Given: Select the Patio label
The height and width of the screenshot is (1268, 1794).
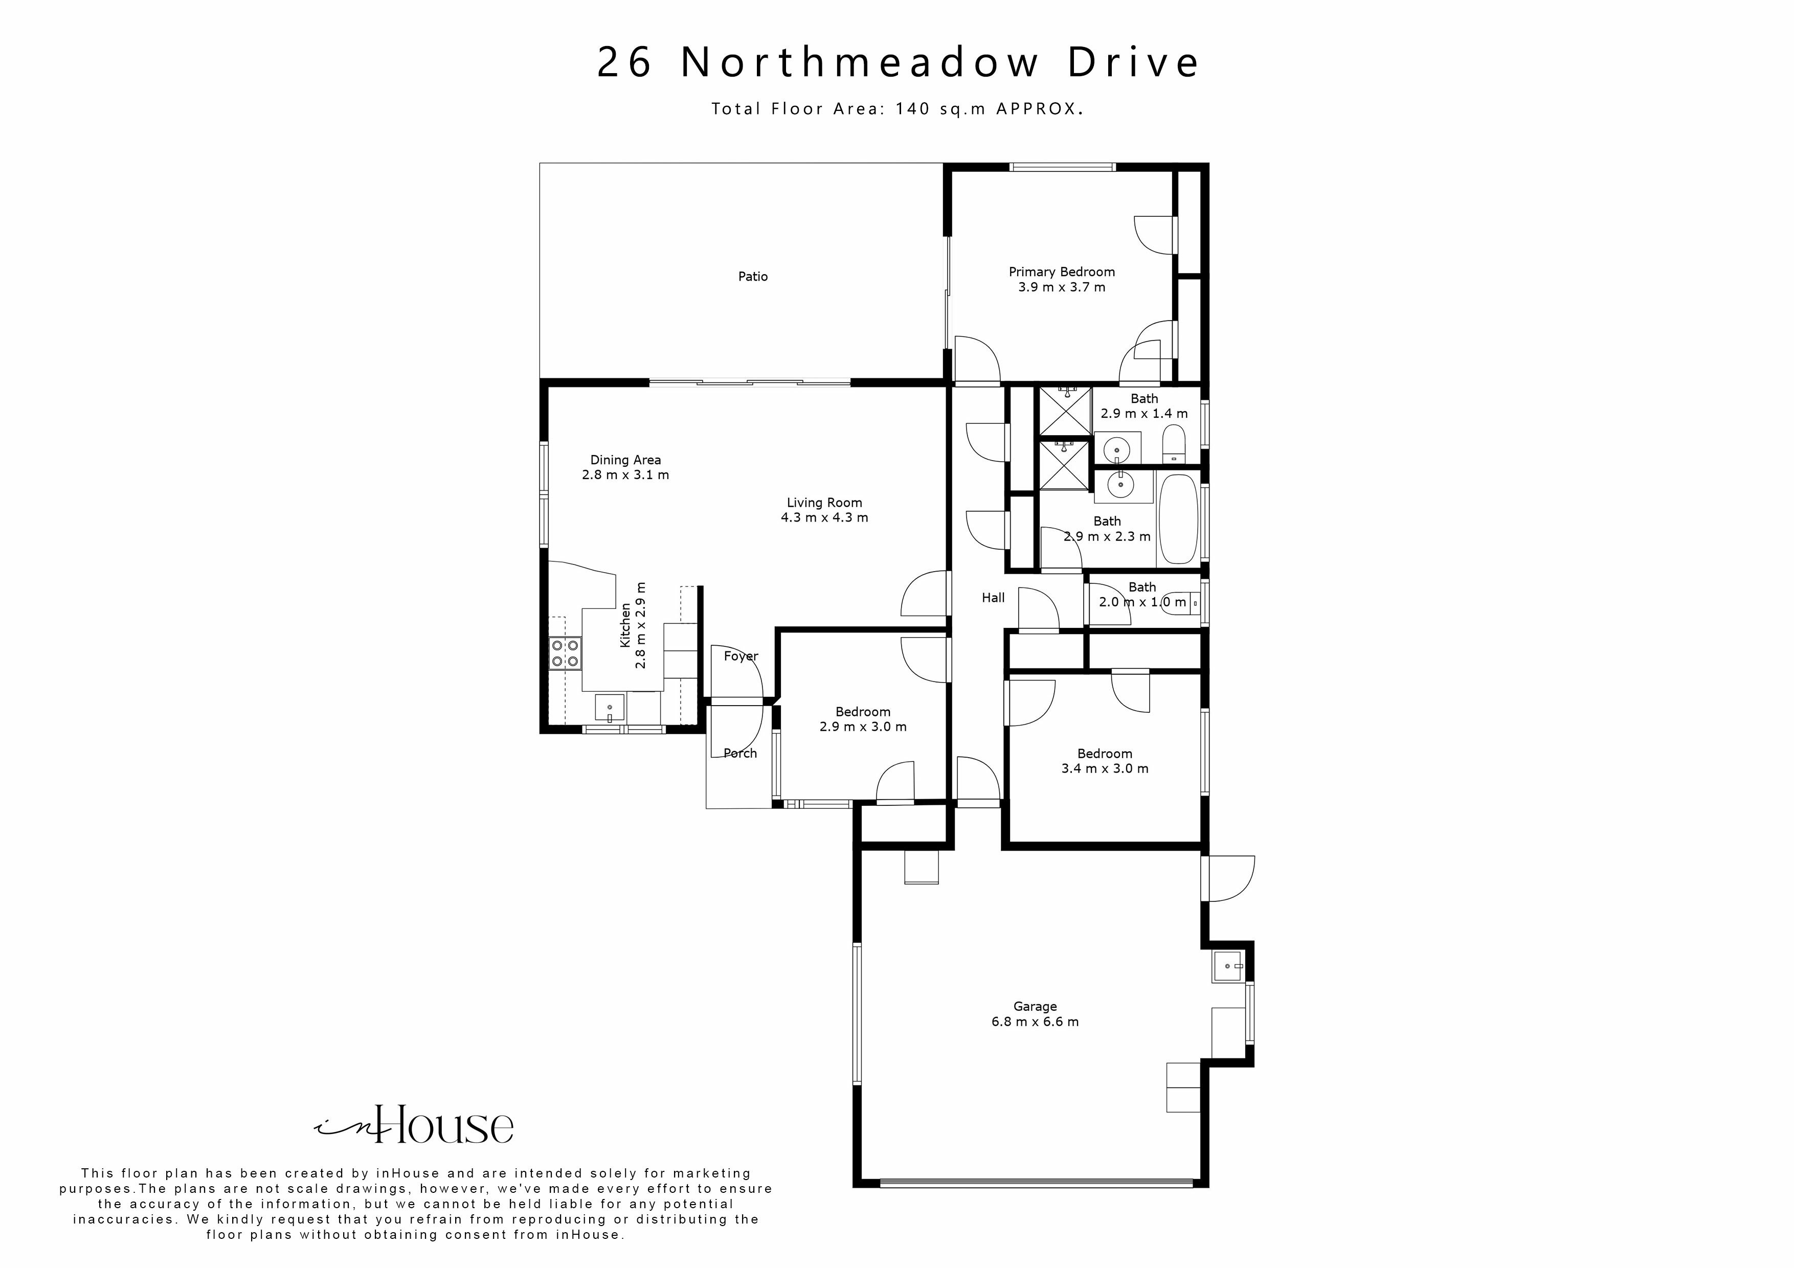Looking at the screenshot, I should [x=752, y=277].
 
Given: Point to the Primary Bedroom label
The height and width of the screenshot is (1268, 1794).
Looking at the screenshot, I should [x=1061, y=272].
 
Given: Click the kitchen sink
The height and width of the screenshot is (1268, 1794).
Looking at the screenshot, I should [x=610, y=708].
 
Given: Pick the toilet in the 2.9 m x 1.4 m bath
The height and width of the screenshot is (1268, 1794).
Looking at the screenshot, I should [x=1174, y=444].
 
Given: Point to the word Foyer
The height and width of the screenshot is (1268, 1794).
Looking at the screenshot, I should [x=741, y=656].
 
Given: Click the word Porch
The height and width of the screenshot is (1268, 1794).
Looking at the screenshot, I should [x=740, y=753].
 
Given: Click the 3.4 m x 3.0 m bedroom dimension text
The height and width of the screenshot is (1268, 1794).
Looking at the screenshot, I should [x=1104, y=769].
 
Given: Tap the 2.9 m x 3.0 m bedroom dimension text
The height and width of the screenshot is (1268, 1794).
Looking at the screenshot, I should [x=863, y=727].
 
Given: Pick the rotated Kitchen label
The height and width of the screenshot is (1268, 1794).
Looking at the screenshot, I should [x=625, y=624].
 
